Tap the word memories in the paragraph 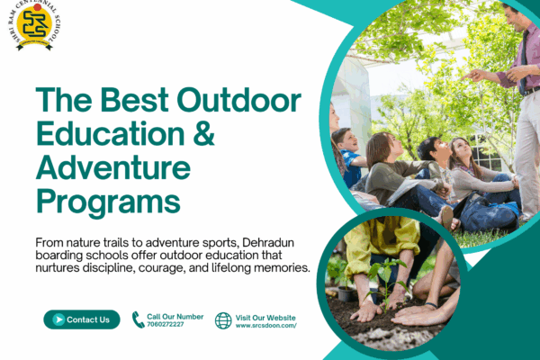click(278, 269)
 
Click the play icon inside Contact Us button click(58, 319)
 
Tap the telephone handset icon click(138, 319)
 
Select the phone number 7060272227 click(166, 325)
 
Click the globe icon click(223, 320)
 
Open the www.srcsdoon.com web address click(265, 326)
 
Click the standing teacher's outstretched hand click(475, 75)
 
